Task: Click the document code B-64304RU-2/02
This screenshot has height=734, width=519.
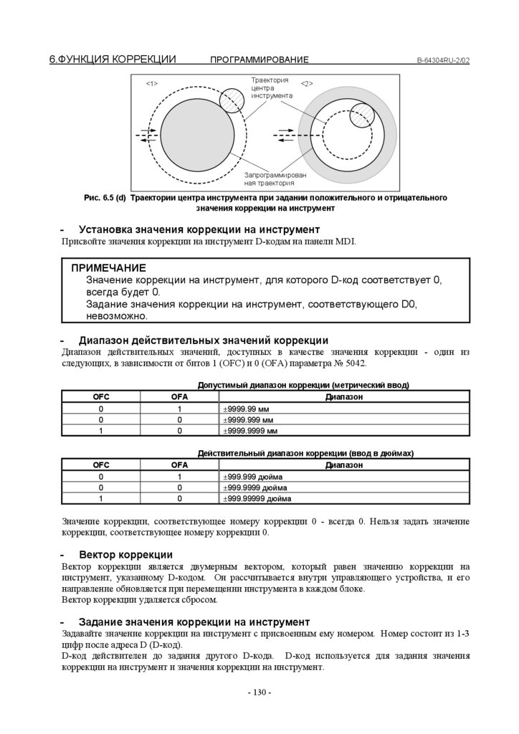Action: tap(443, 60)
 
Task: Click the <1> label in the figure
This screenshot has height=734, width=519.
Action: tap(152, 84)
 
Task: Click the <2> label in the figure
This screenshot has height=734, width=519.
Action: tap(307, 84)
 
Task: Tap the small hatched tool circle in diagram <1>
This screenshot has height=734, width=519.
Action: tap(231, 100)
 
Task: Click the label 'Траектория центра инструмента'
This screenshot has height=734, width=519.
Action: tap(271, 87)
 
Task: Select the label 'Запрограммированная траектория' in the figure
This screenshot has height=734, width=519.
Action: tap(275, 178)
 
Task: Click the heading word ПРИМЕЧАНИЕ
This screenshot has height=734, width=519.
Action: tap(108, 267)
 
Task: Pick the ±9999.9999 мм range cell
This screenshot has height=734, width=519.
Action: tap(252, 432)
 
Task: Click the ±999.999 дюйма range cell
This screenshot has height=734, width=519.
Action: tap(254, 476)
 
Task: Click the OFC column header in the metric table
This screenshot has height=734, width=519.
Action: tap(101, 396)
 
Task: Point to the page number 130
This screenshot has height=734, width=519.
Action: tap(259, 692)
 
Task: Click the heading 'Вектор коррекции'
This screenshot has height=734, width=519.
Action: tap(125, 555)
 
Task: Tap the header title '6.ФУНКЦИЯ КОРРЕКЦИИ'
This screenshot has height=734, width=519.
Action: tap(113, 59)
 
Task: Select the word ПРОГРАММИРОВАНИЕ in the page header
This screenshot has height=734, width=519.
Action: tap(259, 60)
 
